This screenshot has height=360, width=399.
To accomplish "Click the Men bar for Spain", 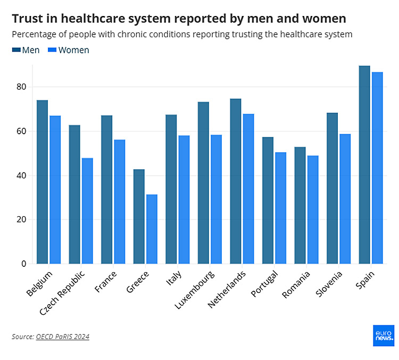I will tap(364, 165).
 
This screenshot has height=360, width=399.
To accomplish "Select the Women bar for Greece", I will tap(152, 229).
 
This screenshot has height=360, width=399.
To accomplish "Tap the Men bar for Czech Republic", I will tap(74, 194).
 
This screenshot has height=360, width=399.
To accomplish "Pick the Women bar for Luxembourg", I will tap(216, 199).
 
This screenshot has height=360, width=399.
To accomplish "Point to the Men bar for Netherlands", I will tap(235, 181).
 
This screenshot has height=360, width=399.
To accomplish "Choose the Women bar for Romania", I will tap(313, 210).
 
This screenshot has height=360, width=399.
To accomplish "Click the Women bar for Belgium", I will tap(55, 190).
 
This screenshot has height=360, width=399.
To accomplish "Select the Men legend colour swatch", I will tap(16, 50).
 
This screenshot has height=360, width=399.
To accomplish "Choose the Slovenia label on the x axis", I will tap(330, 284).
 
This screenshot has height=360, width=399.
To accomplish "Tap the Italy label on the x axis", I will tap(174, 279).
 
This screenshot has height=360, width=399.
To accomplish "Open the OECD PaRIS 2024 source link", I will tap(62, 337).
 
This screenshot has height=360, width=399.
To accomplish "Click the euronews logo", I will tap(384, 336).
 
